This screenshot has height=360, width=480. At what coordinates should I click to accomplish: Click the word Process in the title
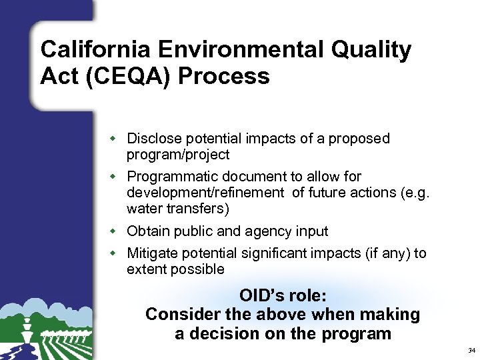pyautogui.click(x=223, y=77)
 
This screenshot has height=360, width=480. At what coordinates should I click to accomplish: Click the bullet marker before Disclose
pyautogui.click(x=113, y=139)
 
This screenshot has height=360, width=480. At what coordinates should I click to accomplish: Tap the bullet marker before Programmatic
pyautogui.click(x=113, y=177)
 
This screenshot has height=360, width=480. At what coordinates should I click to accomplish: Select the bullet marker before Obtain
pyautogui.click(x=113, y=231)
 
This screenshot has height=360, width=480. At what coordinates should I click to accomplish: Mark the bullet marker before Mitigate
pyautogui.click(x=113, y=253)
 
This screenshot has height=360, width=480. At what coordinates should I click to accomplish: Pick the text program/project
pyautogui.click(x=178, y=155)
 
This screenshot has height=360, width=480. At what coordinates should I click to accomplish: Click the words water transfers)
pyautogui.click(x=178, y=209)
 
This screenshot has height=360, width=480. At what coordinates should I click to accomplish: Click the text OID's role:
pyautogui.click(x=283, y=295)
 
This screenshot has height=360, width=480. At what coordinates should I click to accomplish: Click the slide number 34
pyautogui.click(x=471, y=350)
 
